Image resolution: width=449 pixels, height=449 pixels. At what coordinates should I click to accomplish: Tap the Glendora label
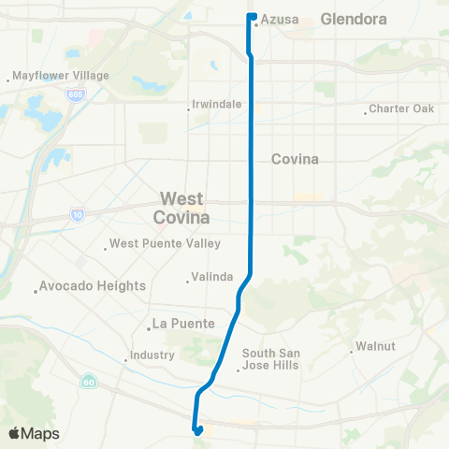click(x=353, y=18)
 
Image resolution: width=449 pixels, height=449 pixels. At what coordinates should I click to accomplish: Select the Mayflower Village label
click(x=61, y=76)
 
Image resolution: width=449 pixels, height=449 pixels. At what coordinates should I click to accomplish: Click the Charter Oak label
click(x=402, y=109)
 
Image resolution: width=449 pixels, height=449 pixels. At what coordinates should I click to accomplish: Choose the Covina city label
click(x=295, y=159)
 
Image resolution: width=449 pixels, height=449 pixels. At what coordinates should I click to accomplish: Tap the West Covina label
click(x=183, y=208)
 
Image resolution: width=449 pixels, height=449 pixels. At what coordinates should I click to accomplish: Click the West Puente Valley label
click(x=165, y=244)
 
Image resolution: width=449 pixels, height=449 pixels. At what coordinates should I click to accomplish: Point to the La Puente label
click(x=181, y=326)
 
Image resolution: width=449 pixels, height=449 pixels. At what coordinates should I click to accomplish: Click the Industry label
click(x=152, y=355)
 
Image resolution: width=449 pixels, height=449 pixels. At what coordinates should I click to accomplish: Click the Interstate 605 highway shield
click(x=75, y=95)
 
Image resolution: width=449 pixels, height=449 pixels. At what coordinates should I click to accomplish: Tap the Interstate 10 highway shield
click(x=75, y=215)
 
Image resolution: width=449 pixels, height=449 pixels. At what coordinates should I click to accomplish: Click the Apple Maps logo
click(x=34, y=434)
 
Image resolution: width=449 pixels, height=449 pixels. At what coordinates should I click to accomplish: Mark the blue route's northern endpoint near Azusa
click(x=252, y=16)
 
